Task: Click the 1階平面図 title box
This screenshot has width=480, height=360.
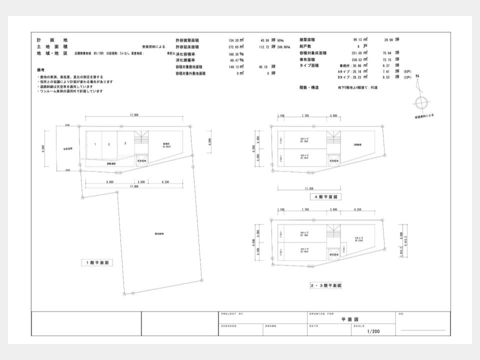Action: pos(98,262)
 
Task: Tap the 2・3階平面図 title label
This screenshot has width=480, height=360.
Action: pos(325,286)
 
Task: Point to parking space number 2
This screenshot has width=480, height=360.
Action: pos(109,144)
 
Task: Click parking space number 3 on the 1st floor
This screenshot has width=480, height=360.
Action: pos(125,144)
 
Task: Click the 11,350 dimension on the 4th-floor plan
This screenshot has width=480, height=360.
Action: pos(309,188)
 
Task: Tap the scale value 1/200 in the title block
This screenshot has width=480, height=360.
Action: pos(373,331)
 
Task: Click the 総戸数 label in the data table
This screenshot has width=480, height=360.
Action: pos(306,46)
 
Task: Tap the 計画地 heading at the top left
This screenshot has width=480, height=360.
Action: pos(51,40)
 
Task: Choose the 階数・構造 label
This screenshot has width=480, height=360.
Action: pos(310,87)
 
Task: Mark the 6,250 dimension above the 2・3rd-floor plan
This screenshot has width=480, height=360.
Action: pos(357,209)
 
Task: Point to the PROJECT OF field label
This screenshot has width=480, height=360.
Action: pos(232,313)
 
